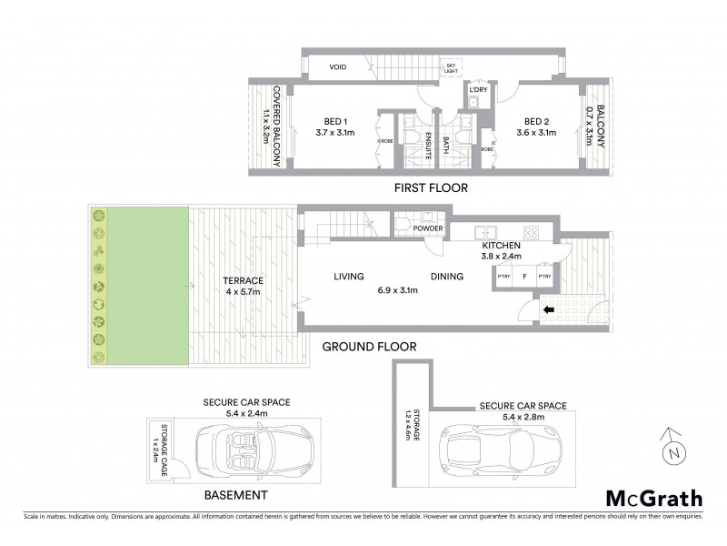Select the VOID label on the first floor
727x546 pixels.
point(338,66)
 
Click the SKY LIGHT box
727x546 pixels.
point(450,67)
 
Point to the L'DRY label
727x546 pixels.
point(479,90)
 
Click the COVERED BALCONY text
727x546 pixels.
point(276,128)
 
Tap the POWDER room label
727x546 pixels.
point(427,228)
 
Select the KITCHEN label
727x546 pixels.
point(501,246)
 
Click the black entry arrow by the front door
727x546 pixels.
point(549,310)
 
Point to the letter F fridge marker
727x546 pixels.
point(523,275)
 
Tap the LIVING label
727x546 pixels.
point(348,277)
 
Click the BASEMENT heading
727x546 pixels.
point(234,496)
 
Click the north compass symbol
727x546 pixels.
point(673,447)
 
